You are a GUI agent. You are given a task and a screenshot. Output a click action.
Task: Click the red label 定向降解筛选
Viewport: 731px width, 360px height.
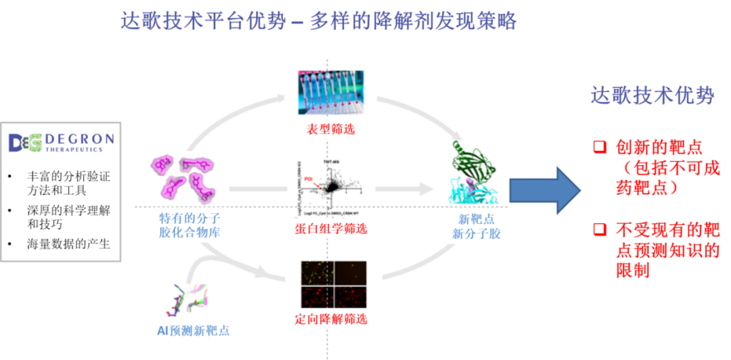[332, 319]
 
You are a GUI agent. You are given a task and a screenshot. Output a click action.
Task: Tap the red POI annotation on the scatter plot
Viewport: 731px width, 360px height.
[308, 179]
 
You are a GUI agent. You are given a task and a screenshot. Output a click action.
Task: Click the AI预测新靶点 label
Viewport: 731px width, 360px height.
[189, 331]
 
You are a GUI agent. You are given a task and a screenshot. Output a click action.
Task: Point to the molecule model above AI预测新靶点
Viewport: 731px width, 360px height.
[187, 298]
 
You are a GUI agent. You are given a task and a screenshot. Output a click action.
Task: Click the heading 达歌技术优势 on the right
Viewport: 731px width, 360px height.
[652, 96]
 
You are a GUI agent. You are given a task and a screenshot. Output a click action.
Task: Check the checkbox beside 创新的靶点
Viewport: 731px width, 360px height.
[599, 147]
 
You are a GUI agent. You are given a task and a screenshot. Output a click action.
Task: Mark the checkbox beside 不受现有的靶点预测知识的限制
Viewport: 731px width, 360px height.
[599, 229]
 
